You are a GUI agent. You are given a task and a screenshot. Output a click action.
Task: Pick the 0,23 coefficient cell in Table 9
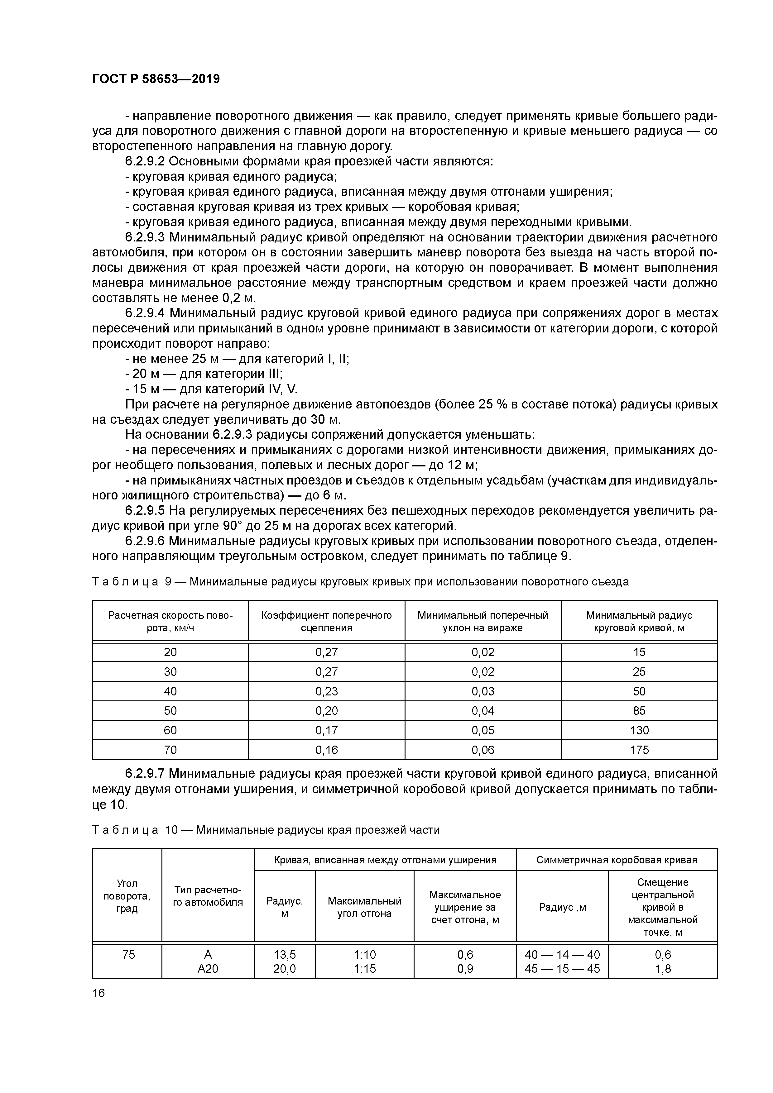click(326, 691)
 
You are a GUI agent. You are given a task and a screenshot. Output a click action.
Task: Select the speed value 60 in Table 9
click(170, 730)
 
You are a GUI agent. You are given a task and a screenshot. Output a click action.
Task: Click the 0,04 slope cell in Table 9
click(483, 711)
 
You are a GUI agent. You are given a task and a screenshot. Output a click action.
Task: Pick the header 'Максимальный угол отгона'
click(364, 907)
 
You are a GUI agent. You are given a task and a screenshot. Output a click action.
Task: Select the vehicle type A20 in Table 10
click(208, 969)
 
